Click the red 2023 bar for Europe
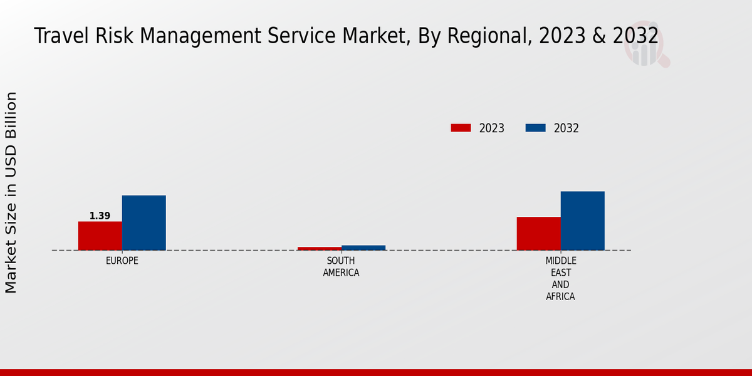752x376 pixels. pos(100,236)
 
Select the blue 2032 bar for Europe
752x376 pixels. pos(144,222)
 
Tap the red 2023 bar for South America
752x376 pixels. pos(320,248)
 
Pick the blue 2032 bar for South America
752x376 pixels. pos(363,248)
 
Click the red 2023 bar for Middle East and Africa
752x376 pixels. pos(539,233)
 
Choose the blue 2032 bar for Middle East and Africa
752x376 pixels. pos(583,221)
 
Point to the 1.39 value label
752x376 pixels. pos(100,216)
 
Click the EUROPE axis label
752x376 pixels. pos(122,261)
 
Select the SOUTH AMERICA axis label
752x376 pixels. pos(341,266)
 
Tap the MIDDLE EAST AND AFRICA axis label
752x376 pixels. pos(560,278)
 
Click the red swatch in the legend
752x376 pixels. pos(461,128)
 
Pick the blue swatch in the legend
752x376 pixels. pos(535,128)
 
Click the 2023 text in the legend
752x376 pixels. pos(492,128)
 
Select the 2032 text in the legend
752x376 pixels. pos(567,128)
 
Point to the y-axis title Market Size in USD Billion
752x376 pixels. pos(11,192)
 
